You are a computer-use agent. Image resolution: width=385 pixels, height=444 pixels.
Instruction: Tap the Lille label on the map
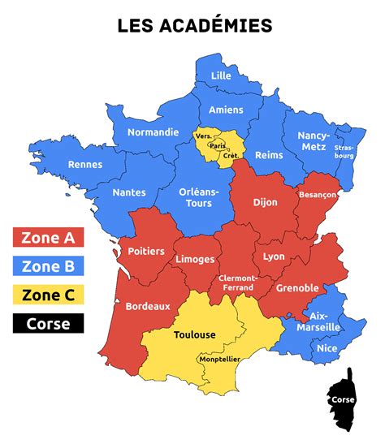[221, 75]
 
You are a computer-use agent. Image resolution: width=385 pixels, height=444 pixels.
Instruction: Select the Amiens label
[226, 110]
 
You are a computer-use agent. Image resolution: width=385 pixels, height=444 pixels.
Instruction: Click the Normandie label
[154, 131]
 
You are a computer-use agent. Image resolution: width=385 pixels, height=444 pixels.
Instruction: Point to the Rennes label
[85, 164]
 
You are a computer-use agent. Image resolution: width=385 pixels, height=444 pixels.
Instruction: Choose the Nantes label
[130, 192]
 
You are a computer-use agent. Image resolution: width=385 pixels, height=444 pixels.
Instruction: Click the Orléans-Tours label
[201, 197]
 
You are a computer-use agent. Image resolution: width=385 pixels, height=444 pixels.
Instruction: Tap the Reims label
[269, 155]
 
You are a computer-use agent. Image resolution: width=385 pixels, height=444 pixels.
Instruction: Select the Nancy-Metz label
[314, 140]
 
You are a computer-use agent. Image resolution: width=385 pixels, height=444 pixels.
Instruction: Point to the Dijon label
[265, 202]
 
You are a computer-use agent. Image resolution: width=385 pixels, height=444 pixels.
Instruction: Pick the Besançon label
[318, 196]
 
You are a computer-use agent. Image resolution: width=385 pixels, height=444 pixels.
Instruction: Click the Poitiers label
[146, 251]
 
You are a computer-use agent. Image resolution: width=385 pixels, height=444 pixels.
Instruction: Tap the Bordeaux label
[148, 306]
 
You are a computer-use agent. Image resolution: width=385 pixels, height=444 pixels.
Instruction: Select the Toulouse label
[195, 334]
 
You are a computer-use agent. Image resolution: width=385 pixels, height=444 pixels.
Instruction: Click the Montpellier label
[219, 358]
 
